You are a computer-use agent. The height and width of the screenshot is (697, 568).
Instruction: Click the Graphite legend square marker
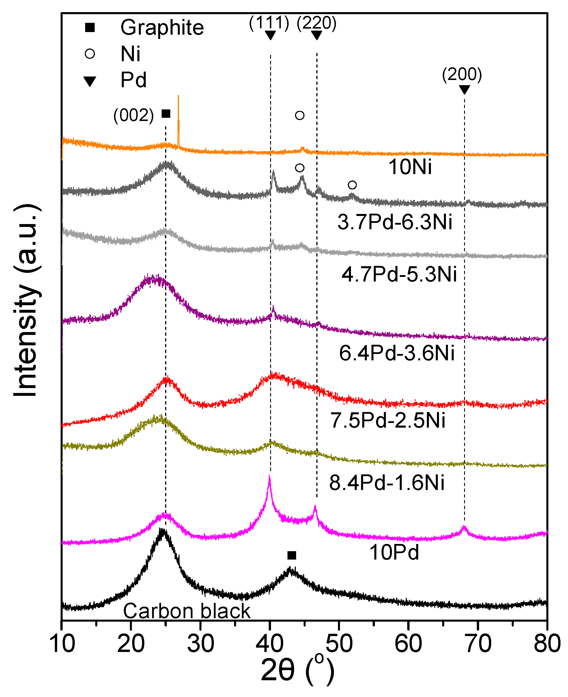[90, 27]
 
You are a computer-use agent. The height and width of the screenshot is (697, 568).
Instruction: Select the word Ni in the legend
[130, 54]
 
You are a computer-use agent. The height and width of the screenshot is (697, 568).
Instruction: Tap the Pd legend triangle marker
[90, 81]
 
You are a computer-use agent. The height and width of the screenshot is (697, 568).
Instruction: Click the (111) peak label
[269, 23]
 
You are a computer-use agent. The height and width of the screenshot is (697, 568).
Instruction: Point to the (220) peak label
[316, 23]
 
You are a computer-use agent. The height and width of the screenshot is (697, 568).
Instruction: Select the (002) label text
[134, 115]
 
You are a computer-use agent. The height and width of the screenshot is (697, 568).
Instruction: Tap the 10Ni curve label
[410, 167]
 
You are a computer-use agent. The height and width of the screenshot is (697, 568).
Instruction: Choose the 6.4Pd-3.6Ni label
[397, 353]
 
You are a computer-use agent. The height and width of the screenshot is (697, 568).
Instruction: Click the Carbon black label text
[186, 611]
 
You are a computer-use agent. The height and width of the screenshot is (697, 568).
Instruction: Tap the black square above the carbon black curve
[292, 555]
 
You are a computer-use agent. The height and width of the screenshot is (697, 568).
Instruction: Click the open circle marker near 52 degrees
[352, 185]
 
